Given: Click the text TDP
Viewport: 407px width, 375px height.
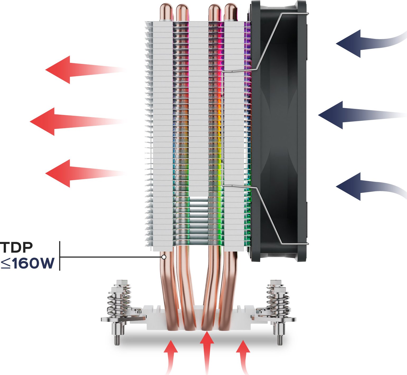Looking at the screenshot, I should [x=16, y=247].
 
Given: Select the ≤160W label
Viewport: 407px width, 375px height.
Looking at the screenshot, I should [x=28, y=263].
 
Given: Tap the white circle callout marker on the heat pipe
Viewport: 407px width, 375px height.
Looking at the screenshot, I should [x=164, y=257].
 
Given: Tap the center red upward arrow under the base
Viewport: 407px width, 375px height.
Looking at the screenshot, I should [x=207, y=349].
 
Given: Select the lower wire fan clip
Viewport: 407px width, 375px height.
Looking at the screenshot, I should [x=267, y=211].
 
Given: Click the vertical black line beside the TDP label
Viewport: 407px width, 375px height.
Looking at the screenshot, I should [x=60, y=256].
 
